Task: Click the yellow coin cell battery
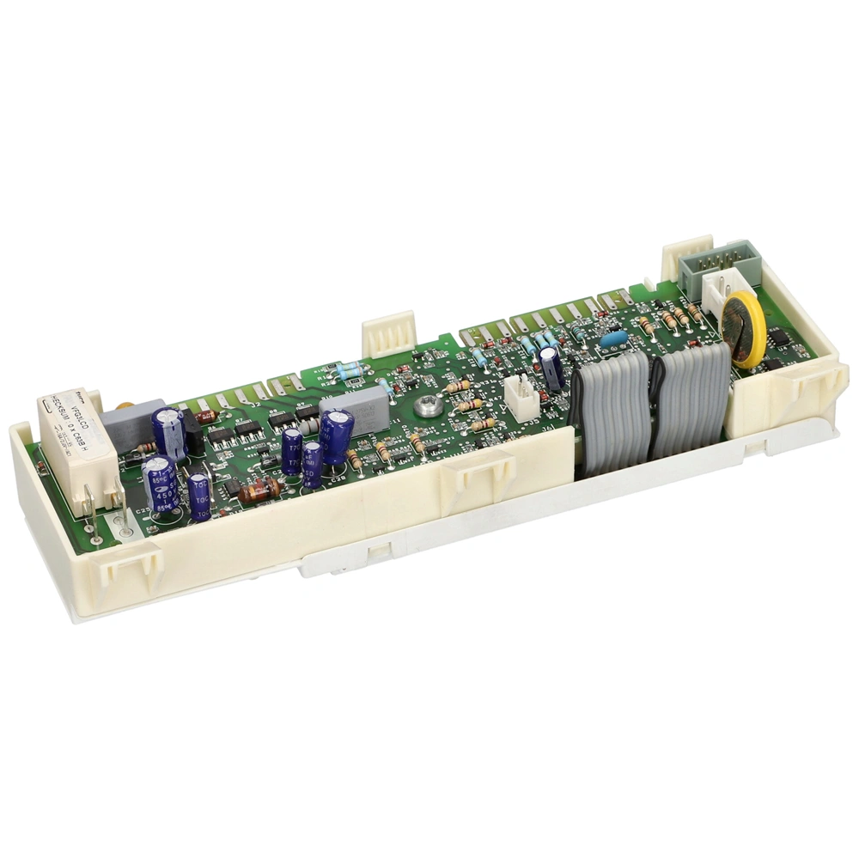pyautogui.click(x=743, y=330)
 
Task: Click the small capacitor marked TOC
pyautogui.click(x=199, y=497)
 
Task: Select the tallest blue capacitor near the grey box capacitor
pyautogui.click(x=336, y=436)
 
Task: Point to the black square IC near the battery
pyautogui.click(x=778, y=338)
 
